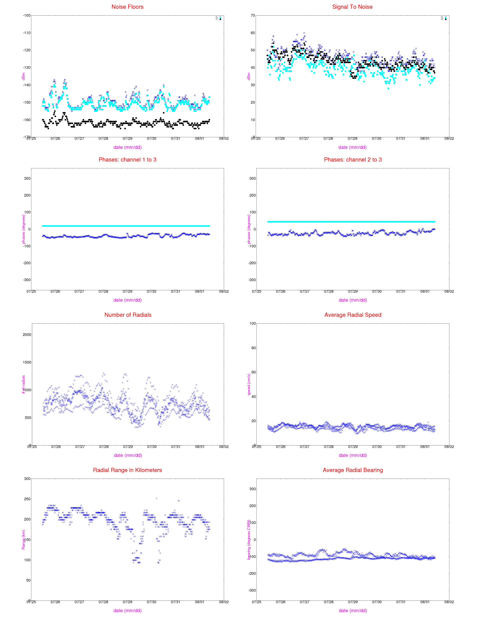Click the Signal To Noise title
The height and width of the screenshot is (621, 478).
point(352,7)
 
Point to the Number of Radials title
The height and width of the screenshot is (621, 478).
point(128,315)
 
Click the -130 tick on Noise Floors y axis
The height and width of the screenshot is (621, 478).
point(27,68)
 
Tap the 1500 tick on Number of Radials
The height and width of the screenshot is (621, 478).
point(27,362)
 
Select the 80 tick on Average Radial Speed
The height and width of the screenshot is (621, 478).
point(253,348)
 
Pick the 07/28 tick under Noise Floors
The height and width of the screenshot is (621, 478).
point(103,138)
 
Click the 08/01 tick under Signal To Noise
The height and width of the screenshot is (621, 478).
point(425,138)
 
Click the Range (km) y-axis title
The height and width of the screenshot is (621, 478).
point(23,539)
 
